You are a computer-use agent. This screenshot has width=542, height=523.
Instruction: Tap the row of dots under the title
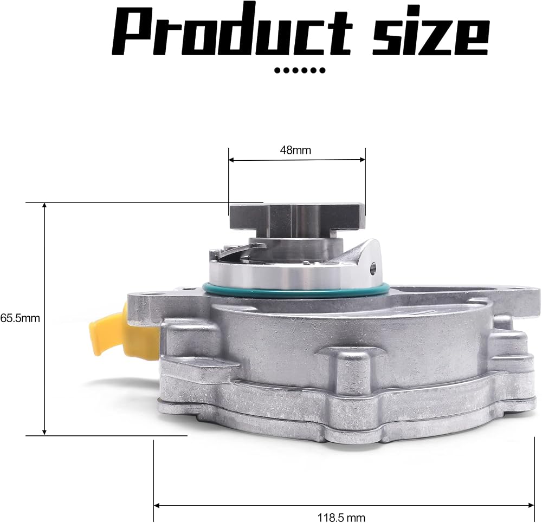tap(300, 70)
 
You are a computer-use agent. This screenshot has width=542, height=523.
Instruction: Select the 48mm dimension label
tap(295, 151)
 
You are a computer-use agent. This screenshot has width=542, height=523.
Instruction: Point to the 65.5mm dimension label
tap(20, 318)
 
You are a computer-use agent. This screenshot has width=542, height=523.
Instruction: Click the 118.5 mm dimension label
tap(341, 518)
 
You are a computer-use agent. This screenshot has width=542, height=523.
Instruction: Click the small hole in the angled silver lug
tap(373, 266)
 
